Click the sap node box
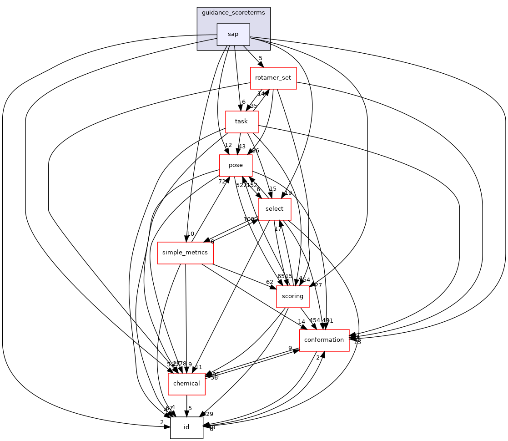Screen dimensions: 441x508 [x=233, y=34]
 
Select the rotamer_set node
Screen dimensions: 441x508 [x=273, y=78]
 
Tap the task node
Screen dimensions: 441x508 [x=241, y=122]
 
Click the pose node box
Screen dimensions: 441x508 [x=236, y=165]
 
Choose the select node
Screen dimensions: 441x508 [x=274, y=209]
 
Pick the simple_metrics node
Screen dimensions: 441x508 [x=185, y=253]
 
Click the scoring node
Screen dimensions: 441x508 [x=292, y=296]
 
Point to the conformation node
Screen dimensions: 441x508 [x=324, y=340]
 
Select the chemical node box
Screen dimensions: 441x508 [x=186, y=384]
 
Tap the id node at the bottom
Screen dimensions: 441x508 [x=186, y=427]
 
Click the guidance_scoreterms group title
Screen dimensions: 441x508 [x=233, y=13]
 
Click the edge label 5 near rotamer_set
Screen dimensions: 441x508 [x=261, y=58]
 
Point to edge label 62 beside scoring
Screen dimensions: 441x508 [x=270, y=282]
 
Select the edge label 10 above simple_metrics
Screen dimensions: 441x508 [x=191, y=234]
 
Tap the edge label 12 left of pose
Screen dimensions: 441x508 [x=228, y=145]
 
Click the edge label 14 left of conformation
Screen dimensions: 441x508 [x=302, y=322]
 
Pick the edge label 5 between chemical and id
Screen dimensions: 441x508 [x=190, y=408]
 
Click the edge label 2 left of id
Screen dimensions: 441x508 [x=161, y=422]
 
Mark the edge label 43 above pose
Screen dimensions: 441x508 [x=242, y=147]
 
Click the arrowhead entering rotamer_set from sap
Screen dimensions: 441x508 [x=261, y=65]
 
